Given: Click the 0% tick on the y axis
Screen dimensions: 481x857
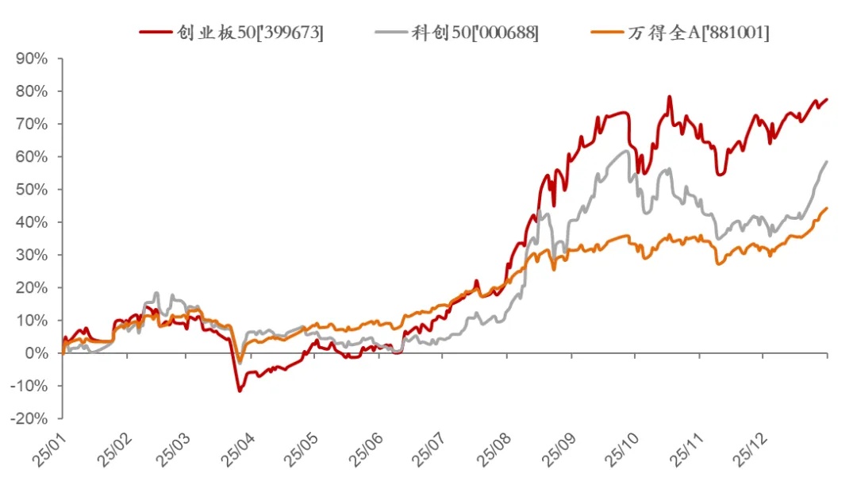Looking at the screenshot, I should pos(36,353).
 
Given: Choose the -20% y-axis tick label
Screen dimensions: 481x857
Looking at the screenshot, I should pos(29,418).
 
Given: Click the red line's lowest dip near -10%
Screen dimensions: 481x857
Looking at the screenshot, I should pos(240,391).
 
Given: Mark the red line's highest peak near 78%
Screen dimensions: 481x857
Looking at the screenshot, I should pos(669,97).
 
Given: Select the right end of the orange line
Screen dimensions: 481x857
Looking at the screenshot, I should pos(827,209).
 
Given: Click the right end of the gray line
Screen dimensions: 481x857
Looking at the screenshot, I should pos(827,162).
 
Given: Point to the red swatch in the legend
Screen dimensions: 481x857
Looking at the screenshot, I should pos(155,33).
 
